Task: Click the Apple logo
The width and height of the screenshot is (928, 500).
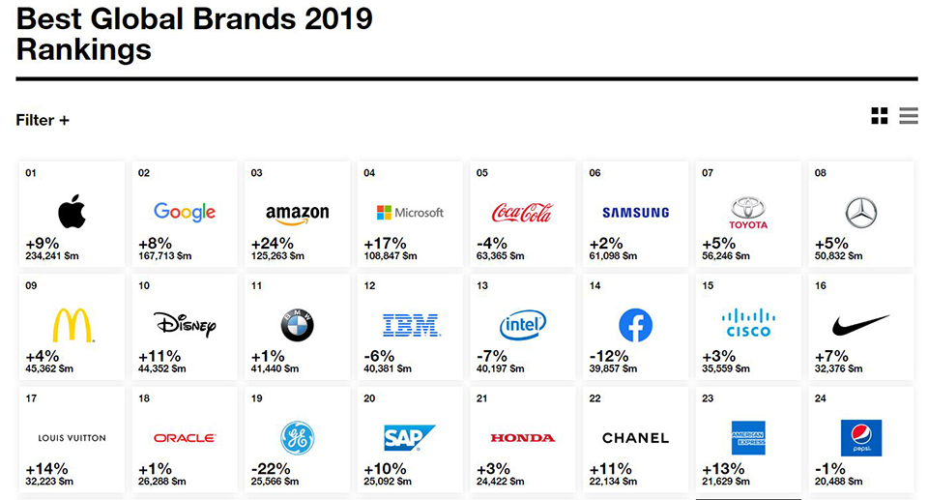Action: pyautogui.click(x=72, y=211)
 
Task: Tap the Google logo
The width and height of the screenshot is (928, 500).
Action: pyautogui.click(x=185, y=212)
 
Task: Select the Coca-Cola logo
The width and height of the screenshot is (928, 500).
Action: pyautogui.click(x=522, y=212)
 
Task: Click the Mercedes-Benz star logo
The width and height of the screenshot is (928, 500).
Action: pyautogui.click(x=860, y=212)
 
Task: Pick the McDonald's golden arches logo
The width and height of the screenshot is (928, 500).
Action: pyautogui.click(x=72, y=325)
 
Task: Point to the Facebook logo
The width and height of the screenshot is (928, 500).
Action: pyautogui.click(x=635, y=325)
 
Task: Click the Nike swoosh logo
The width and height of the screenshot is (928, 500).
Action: pyautogui.click(x=860, y=325)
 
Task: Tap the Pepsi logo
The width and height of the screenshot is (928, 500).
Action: pyautogui.click(x=860, y=437)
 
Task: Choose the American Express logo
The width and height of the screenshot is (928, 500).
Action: pyautogui.click(x=748, y=437)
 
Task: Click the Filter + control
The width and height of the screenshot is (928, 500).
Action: pyautogui.click(x=43, y=120)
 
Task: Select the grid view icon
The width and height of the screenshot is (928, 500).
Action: pyautogui.click(x=879, y=116)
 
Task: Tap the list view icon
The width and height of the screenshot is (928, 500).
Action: pyautogui.click(x=908, y=116)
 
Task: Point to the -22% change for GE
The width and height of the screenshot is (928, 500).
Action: pyautogui.click(x=271, y=469)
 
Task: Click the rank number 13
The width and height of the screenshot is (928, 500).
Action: pyautogui.click(x=481, y=286)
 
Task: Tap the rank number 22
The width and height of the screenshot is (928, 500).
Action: pyautogui.click(x=594, y=398)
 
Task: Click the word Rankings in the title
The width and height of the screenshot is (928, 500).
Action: pyautogui.click(x=84, y=49)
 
